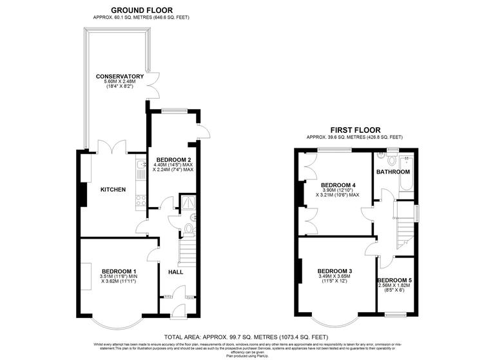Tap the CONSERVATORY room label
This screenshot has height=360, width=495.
click(x=119, y=77)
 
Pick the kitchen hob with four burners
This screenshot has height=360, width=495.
click(x=139, y=201)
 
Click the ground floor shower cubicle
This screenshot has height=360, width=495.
click(x=187, y=203)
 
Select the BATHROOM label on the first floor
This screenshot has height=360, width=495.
click(x=393, y=172)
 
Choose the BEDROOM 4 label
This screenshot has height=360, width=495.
click(x=338, y=183)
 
